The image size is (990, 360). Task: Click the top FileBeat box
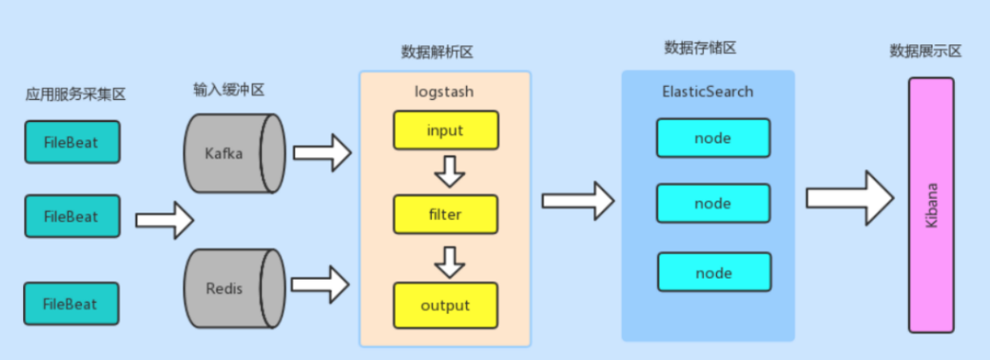[x=72, y=142]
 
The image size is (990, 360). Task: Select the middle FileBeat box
[x=72, y=216]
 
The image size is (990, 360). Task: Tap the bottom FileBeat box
[x=72, y=304]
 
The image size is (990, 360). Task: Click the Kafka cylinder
[x=233, y=154]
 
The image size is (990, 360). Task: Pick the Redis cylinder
[x=233, y=287]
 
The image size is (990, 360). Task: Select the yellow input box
[x=445, y=131]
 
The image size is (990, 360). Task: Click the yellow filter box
[x=445, y=214]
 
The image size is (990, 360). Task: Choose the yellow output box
[x=445, y=305]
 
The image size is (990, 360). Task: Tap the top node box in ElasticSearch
[x=713, y=137]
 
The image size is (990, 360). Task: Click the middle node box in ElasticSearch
[x=713, y=203]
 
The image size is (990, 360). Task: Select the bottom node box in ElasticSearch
[x=713, y=272]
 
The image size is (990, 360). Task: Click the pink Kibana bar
[x=931, y=205]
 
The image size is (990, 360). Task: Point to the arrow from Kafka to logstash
[x=323, y=153]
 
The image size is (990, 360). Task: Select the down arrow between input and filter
[x=449, y=172]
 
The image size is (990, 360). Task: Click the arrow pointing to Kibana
[x=850, y=200]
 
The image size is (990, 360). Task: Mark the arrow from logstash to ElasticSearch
[x=578, y=200]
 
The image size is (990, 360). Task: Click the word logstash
[x=444, y=91]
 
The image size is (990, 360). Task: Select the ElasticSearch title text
[x=708, y=90]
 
